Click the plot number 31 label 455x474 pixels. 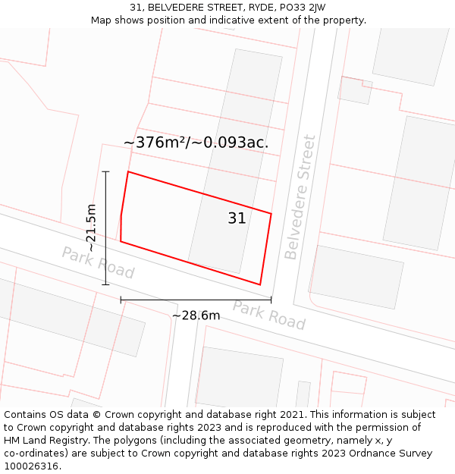pos(237,218)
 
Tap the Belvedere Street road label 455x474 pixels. pos(300,197)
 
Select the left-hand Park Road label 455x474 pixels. pos(98,262)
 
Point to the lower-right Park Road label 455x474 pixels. pos(268,315)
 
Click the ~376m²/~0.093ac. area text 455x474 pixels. pos(196,142)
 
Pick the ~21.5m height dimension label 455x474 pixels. pos(91,228)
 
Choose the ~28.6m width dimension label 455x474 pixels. pos(196,315)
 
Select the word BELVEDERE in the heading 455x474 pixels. pos(177,8)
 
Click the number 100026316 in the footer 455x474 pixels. pos(32,466)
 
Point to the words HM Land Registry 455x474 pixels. pos(43,441)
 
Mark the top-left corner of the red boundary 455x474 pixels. pos(128,172)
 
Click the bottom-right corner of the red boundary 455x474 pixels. pos(260,285)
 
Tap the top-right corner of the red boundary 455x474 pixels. pos(271,213)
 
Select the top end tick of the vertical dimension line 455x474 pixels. pos(106,171)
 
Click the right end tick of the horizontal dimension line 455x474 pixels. pos(271,300)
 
